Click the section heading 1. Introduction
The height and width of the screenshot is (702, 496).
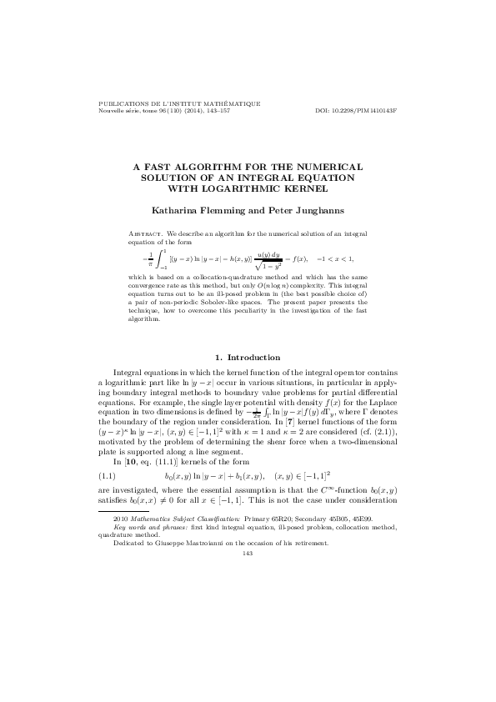248,357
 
